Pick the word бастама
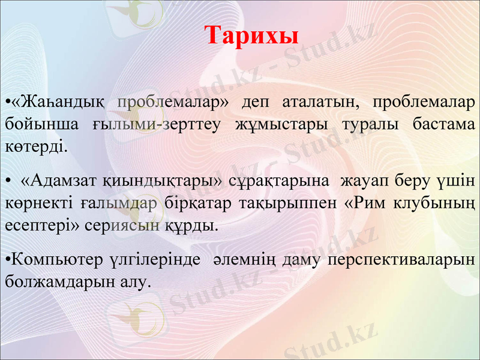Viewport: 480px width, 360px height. (443, 124)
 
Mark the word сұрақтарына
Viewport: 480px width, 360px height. (279, 180)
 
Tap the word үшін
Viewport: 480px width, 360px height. (458, 180)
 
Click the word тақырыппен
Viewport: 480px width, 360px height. (280, 203)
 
